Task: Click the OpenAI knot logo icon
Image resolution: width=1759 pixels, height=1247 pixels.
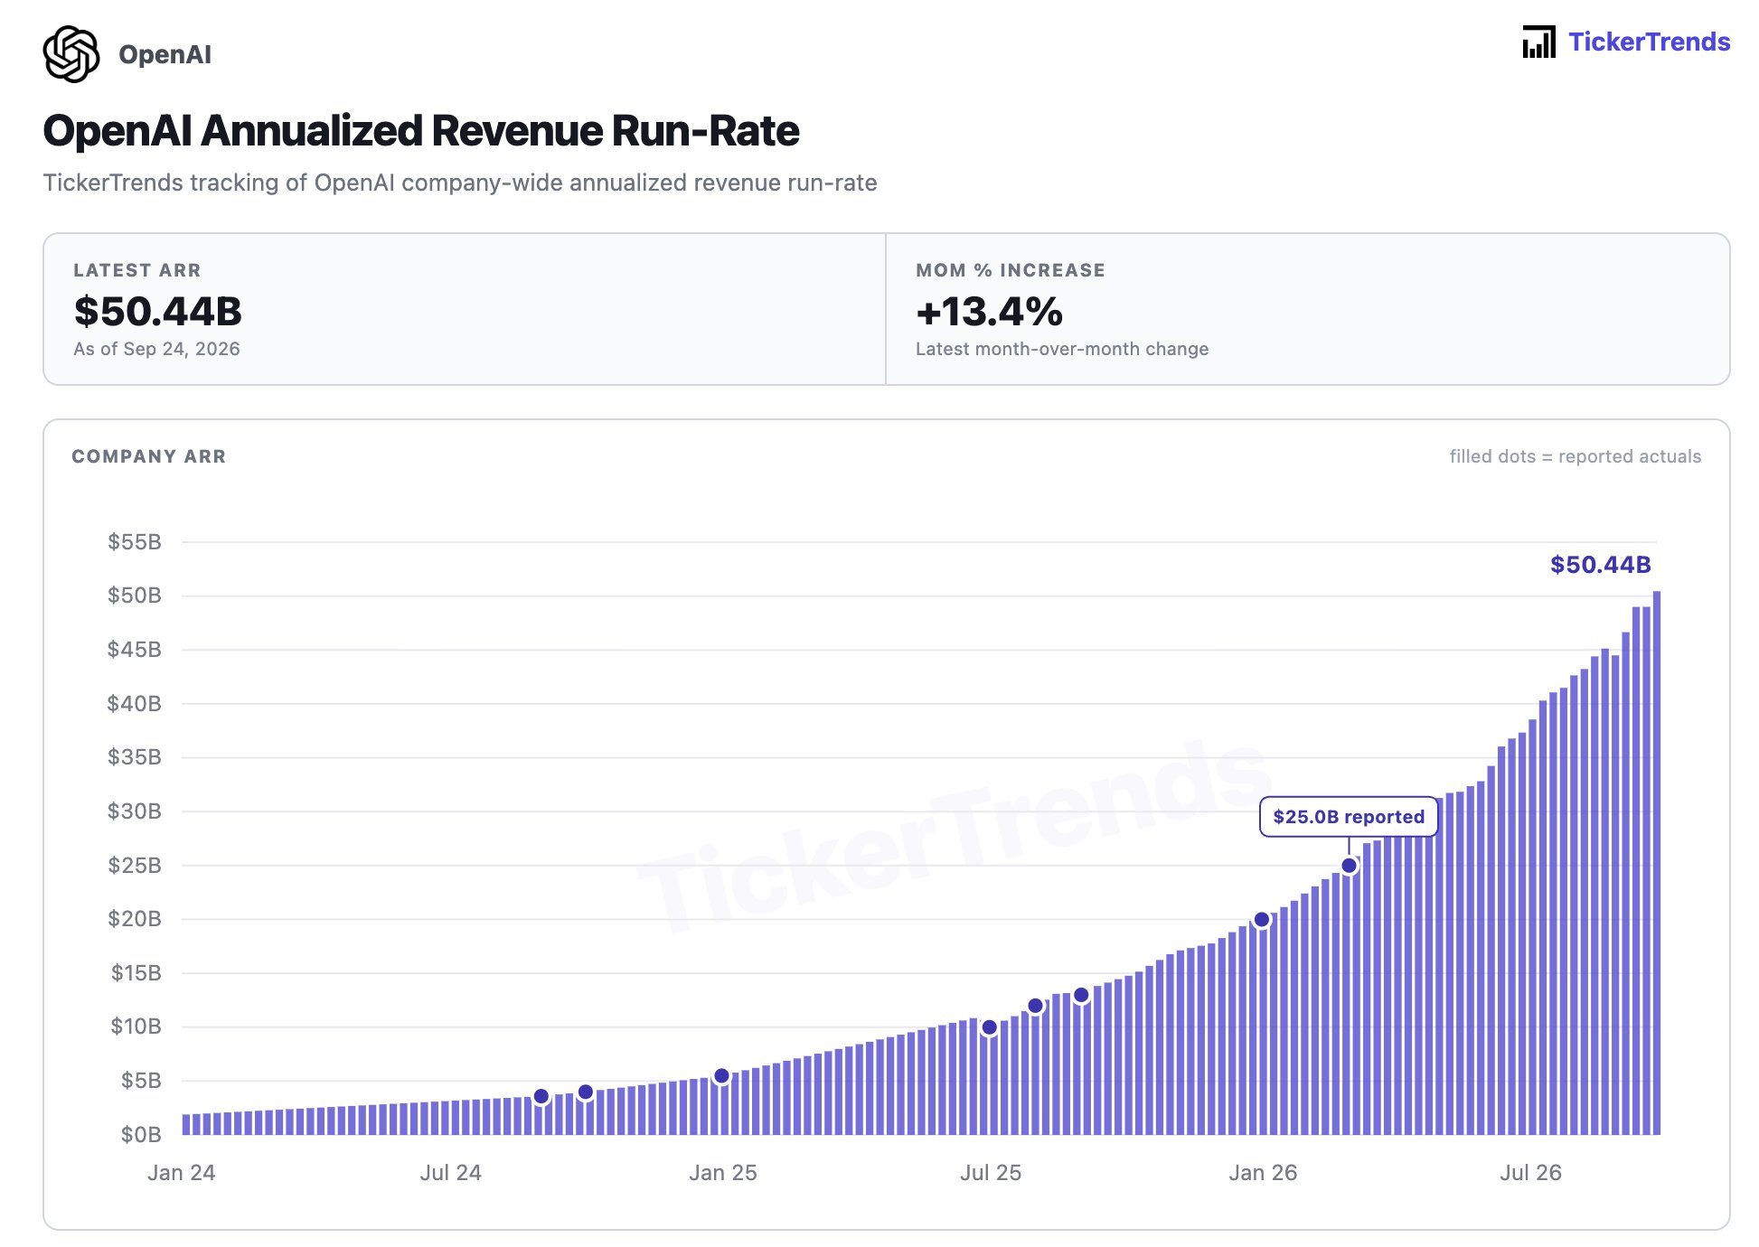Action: tap(71, 54)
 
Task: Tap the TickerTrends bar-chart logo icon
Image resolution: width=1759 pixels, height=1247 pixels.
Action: tap(1538, 42)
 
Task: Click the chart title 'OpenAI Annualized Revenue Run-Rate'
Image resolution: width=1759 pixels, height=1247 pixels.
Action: tap(421, 131)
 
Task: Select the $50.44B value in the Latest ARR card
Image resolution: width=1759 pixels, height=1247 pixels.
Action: tap(158, 311)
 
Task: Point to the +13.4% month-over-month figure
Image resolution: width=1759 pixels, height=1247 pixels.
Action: tap(990, 311)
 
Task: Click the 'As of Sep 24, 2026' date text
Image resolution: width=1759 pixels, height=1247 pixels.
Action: tap(157, 349)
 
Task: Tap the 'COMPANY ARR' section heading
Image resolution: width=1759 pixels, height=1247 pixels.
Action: tap(149, 456)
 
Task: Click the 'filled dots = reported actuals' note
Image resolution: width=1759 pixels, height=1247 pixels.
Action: tap(1576, 456)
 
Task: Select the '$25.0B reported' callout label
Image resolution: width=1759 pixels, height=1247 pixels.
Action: tap(1349, 817)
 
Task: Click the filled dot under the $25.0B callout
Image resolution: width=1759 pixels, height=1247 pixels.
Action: tap(1350, 866)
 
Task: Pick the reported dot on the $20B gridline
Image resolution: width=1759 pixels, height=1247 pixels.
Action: tap(1262, 920)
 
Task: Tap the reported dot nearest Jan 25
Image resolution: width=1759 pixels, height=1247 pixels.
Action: tap(721, 1076)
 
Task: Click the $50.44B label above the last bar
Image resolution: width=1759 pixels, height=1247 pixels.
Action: tap(1601, 565)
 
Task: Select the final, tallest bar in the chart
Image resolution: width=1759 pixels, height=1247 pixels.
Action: tap(1657, 863)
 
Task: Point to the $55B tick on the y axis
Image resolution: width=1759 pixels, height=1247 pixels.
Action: tap(135, 542)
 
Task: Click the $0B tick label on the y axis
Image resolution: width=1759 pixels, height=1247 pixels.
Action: tap(141, 1135)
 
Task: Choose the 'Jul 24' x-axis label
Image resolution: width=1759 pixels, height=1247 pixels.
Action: tap(451, 1173)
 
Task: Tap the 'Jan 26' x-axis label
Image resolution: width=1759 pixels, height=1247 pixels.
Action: tap(1263, 1173)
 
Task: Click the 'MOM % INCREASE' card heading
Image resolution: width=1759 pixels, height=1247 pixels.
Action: tap(1011, 270)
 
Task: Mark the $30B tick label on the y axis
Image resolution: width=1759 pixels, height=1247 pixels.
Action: tap(135, 811)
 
